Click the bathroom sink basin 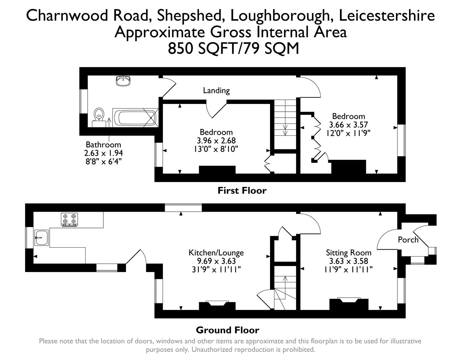(123, 80)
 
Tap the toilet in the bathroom (98, 115)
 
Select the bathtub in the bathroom (135, 118)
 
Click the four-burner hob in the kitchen (69, 219)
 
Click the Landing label (216, 90)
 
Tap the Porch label (408, 240)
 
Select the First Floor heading (242, 191)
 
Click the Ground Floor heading (227, 330)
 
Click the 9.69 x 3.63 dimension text (216, 261)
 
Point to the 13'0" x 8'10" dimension (216, 149)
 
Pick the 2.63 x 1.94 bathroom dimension (103, 153)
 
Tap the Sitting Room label (348, 253)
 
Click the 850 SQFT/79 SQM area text (233, 49)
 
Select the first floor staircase (285, 123)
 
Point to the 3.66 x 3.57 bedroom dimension (348, 125)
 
